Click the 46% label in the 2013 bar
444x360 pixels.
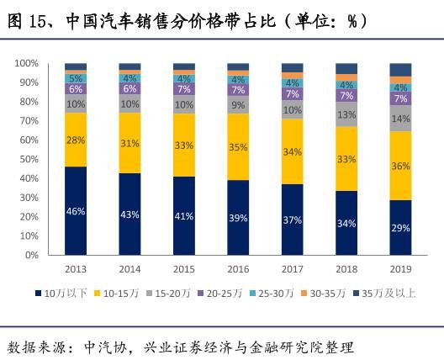pos(76,211)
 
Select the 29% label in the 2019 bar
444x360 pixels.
pos(400,228)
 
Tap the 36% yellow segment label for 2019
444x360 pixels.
pos(400,166)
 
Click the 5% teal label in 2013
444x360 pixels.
pos(76,77)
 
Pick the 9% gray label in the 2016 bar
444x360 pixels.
pos(238,104)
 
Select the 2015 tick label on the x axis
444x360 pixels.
pos(184,269)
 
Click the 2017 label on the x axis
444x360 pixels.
pos(292,269)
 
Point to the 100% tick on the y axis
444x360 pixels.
pos(27,64)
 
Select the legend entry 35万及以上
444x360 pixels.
pos(390,293)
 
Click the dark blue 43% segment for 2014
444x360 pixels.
pos(129,214)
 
